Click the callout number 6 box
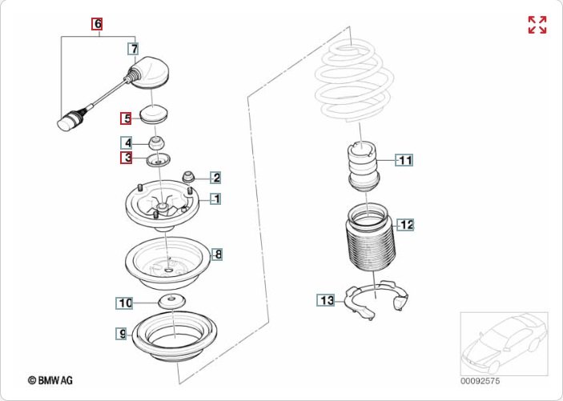98,24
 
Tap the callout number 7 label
134,49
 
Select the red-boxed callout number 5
127,119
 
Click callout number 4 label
127,143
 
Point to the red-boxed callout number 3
127,158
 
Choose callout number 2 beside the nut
216,178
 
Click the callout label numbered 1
216,198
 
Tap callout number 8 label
217,255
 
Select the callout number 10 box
124,303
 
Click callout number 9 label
122,333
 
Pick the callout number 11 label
405,160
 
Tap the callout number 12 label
407,224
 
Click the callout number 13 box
325,300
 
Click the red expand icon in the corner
537,25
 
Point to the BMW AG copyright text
50,381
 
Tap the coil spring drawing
353,80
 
